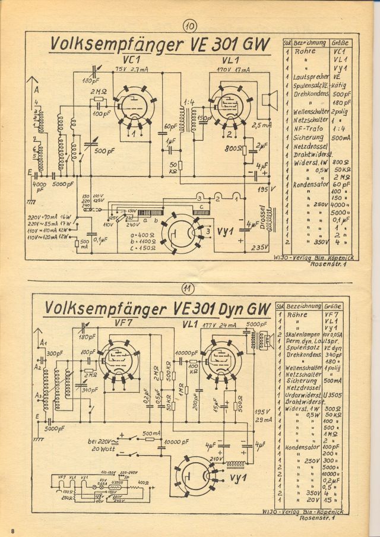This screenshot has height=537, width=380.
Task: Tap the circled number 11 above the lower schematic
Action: pos(188,289)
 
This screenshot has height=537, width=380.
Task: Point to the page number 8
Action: pos(11,528)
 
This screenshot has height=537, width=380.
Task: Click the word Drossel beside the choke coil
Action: pos(264,217)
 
